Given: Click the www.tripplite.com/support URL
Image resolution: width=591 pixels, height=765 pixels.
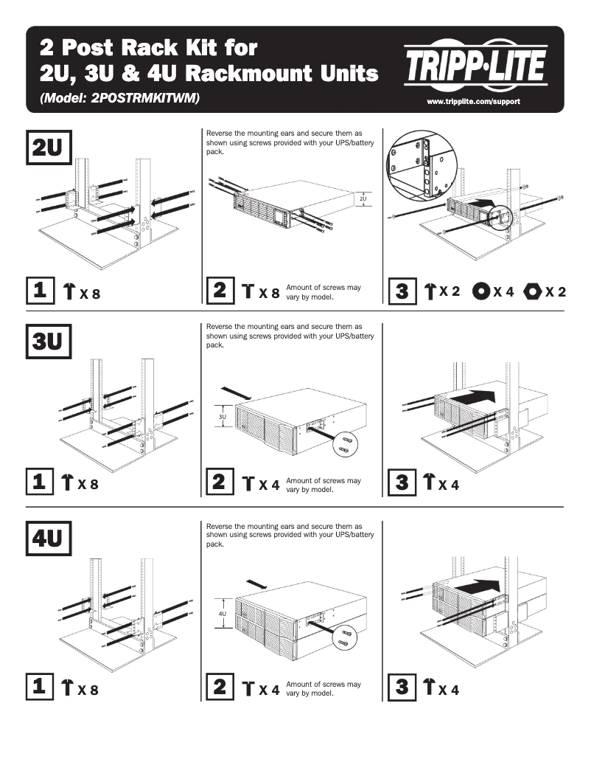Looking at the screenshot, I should coord(474,100).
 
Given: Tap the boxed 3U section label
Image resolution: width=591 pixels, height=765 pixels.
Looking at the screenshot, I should coord(49,342).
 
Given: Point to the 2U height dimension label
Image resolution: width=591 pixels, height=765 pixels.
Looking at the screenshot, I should coord(363,198).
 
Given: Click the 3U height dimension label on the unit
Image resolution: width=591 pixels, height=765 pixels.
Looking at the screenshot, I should coord(222,417).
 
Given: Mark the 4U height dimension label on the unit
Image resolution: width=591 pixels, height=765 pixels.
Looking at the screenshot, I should coord(222,613).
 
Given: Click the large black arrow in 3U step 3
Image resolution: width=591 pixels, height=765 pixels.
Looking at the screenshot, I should coord(472,397).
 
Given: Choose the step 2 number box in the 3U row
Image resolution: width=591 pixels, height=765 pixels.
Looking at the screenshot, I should coord(219,483).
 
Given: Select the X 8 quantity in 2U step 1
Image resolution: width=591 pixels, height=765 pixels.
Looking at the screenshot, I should coord(89,294).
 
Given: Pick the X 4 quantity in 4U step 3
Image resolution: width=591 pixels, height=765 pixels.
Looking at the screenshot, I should coord(448,690).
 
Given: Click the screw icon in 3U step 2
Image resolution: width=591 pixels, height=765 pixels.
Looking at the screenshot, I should coord(248,485).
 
